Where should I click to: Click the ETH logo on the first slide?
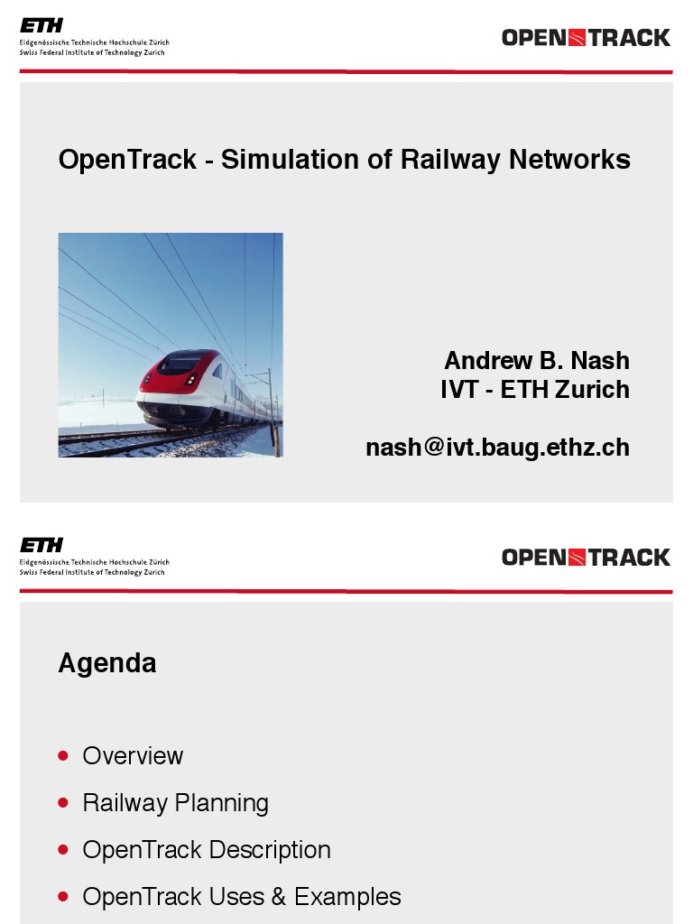tap(42, 26)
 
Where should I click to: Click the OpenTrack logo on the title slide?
tap(586, 38)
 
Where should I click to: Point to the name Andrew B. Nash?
tap(537, 360)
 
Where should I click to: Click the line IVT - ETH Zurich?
tap(535, 390)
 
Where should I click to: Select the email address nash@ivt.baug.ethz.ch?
tap(497, 447)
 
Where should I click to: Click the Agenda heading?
tap(107, 663)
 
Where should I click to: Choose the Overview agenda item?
tap(133, 755)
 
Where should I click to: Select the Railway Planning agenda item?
tap(175, 802)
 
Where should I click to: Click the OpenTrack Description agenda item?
tap(207, 850)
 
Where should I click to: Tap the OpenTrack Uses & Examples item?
tap(242, 897)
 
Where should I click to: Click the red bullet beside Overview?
tap(62, 755)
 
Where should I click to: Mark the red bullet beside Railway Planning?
tap(62, 802)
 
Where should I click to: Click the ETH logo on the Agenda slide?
tap(42, 545)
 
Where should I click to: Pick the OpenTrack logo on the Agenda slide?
tap(586, 557)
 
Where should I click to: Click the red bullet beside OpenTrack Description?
tap(62, 850)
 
